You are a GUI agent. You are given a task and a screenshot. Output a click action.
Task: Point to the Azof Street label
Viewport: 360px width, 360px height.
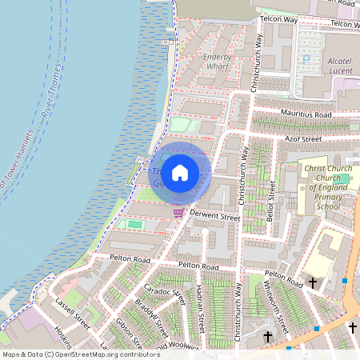tap(303, 138)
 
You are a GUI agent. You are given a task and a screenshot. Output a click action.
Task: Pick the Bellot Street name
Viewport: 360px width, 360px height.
tap(272, 200)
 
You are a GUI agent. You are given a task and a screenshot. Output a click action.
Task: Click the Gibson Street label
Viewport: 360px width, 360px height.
tap(128, 337)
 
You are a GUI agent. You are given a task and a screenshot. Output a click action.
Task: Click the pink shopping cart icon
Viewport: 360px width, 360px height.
tap(178, 213)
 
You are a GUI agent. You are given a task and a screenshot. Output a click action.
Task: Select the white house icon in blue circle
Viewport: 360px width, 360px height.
tap(180, 172)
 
